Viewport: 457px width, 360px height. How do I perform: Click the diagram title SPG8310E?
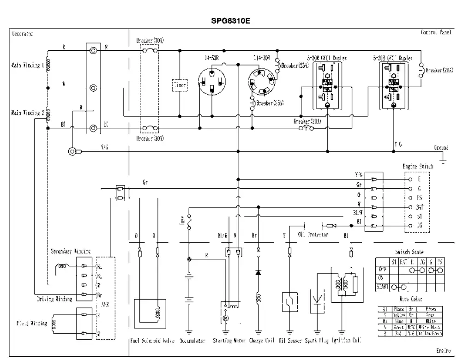click(228, 21)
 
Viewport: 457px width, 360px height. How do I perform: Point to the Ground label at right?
click(441, 148)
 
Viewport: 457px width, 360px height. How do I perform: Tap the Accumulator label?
click(189, 342)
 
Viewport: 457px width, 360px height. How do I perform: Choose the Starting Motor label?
click(228, 342)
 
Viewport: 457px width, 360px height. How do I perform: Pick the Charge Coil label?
click(263, 342)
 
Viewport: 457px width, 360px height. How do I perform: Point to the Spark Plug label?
click(318, 342)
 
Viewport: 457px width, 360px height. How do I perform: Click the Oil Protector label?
click(313, 234)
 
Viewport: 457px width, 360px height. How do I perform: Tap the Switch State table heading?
click(408, 252)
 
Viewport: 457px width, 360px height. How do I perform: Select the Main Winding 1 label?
click(27, 65)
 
